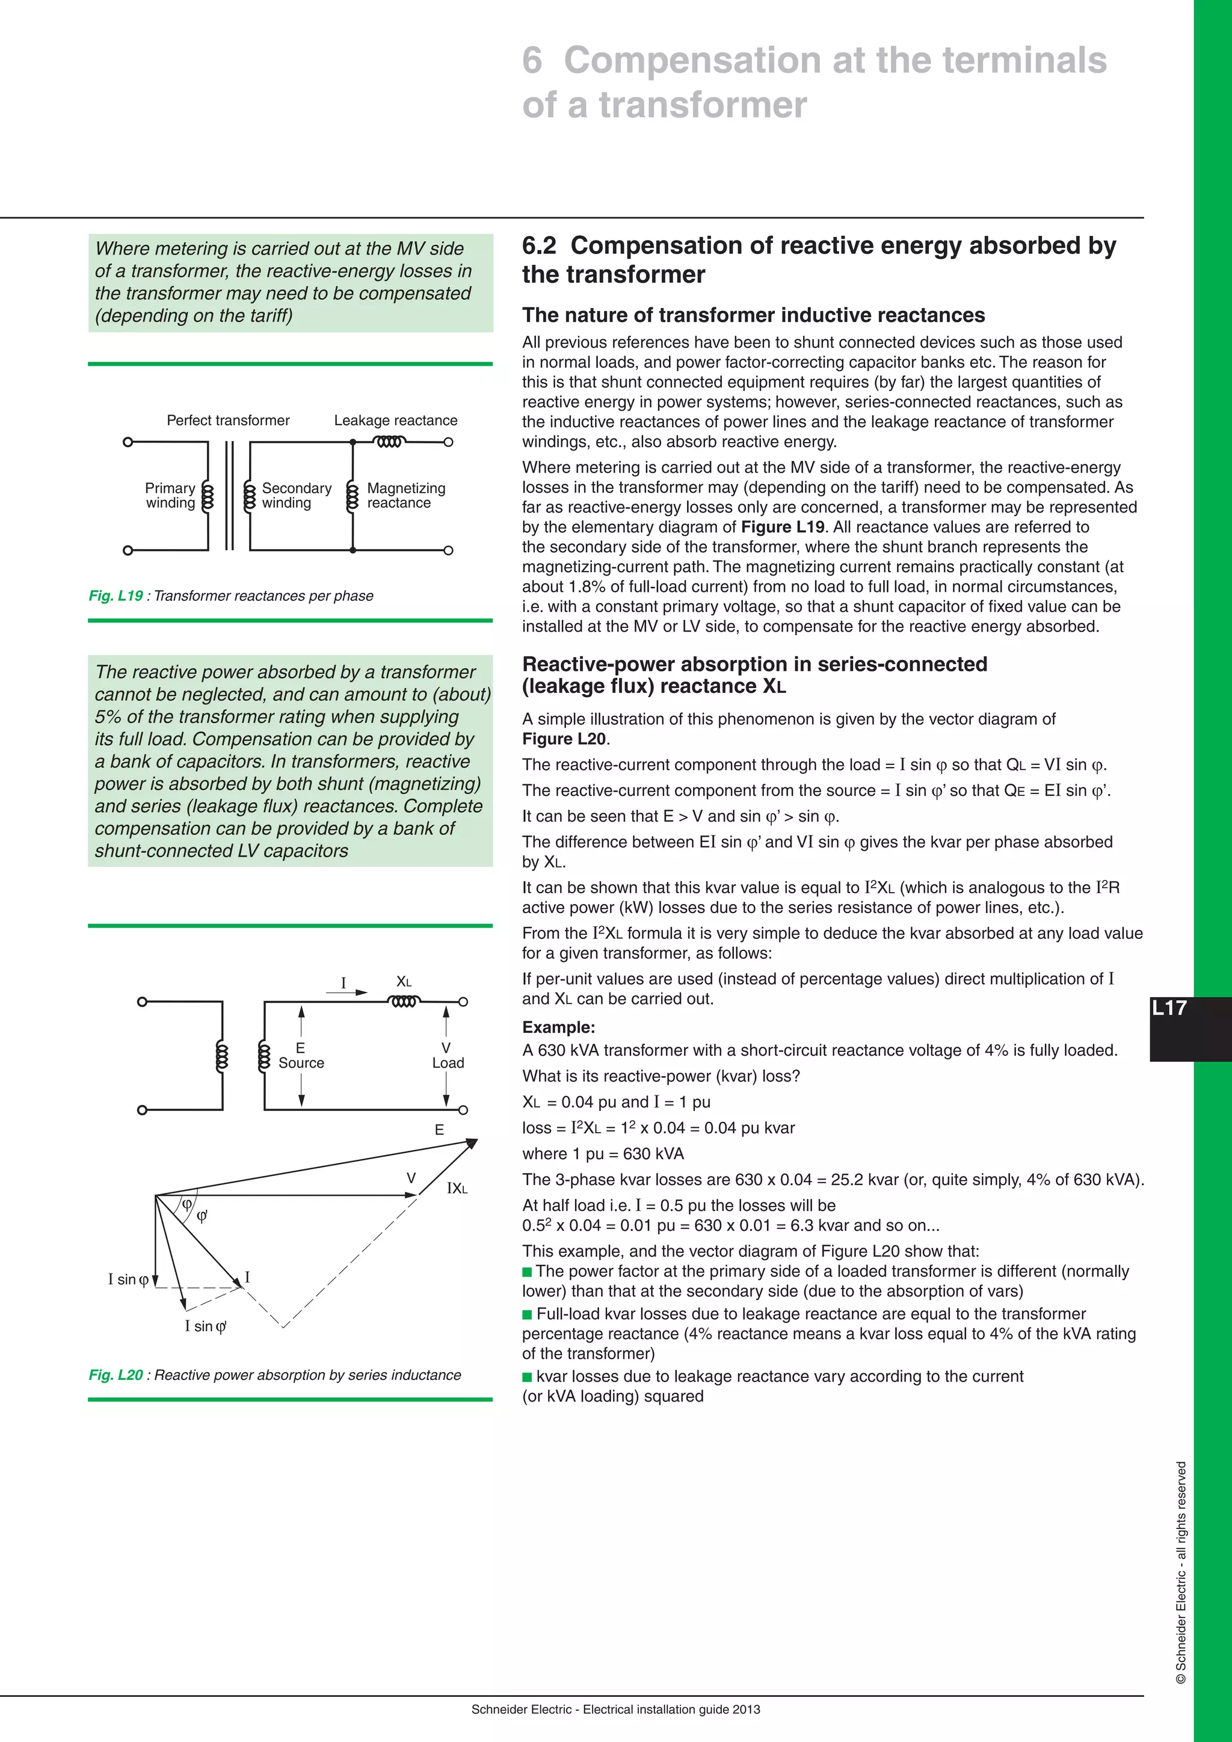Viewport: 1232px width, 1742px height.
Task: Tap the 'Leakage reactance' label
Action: point(395,420)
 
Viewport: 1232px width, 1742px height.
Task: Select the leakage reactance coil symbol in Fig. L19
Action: point(389,442)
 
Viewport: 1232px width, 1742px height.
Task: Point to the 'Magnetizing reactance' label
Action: point(406,496)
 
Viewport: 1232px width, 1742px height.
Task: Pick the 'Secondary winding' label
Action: point(296,496)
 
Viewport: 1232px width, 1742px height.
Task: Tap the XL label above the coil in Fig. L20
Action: point(404,982)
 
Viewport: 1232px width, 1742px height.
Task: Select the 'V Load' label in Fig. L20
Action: point(448,1056)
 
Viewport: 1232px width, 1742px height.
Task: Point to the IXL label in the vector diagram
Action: point(457,1188)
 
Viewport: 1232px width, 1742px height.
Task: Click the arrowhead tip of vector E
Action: point(476,1140)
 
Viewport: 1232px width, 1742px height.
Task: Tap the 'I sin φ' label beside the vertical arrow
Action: point(128,1279)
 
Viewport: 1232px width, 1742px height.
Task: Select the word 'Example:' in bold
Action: point(558,1027)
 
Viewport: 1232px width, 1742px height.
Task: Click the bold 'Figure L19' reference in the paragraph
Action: point(782,528)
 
